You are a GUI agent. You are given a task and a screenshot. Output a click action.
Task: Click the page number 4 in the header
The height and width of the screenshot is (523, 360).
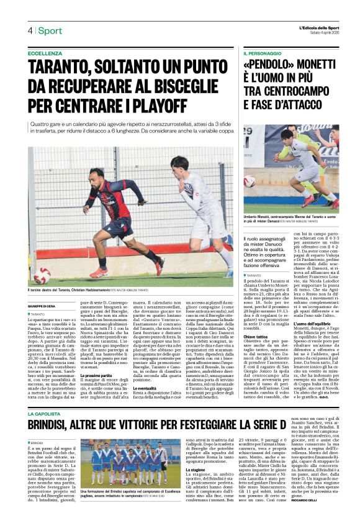(29, 30)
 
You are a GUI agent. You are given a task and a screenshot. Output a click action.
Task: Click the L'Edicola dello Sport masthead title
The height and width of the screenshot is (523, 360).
(318, 28)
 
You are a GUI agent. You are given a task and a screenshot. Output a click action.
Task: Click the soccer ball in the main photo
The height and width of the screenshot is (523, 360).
(43, 276)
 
